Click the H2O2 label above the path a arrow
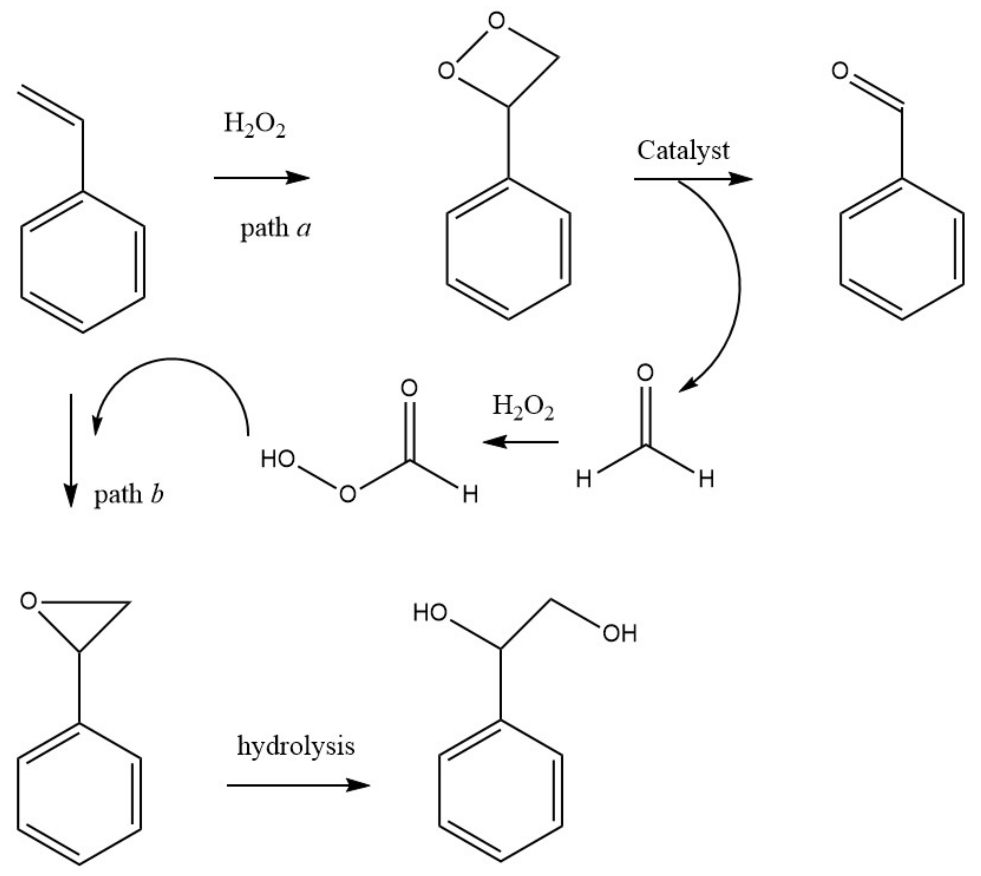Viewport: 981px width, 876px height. tap(255, 125)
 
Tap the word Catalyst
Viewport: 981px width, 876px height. tap(683, 150)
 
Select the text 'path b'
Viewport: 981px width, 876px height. tap(129, 494)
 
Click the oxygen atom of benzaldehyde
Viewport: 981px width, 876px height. tap(840, 71)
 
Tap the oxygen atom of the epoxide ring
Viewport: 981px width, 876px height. tap(29, 601)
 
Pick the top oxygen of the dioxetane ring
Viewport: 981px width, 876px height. tap(496, 21)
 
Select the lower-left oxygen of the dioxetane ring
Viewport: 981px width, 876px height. tap(446, 71)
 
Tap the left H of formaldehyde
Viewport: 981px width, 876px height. tap(584, 479)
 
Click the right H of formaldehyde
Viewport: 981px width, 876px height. tap(706, 479)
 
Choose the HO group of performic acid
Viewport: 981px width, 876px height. tap(278, 459)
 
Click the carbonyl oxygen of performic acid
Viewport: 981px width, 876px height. tap(409, 388)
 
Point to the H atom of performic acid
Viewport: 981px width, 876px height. tap(470, 494)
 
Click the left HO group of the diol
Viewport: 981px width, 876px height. tap(430, 613)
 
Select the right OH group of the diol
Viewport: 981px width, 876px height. tap(620, 633)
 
